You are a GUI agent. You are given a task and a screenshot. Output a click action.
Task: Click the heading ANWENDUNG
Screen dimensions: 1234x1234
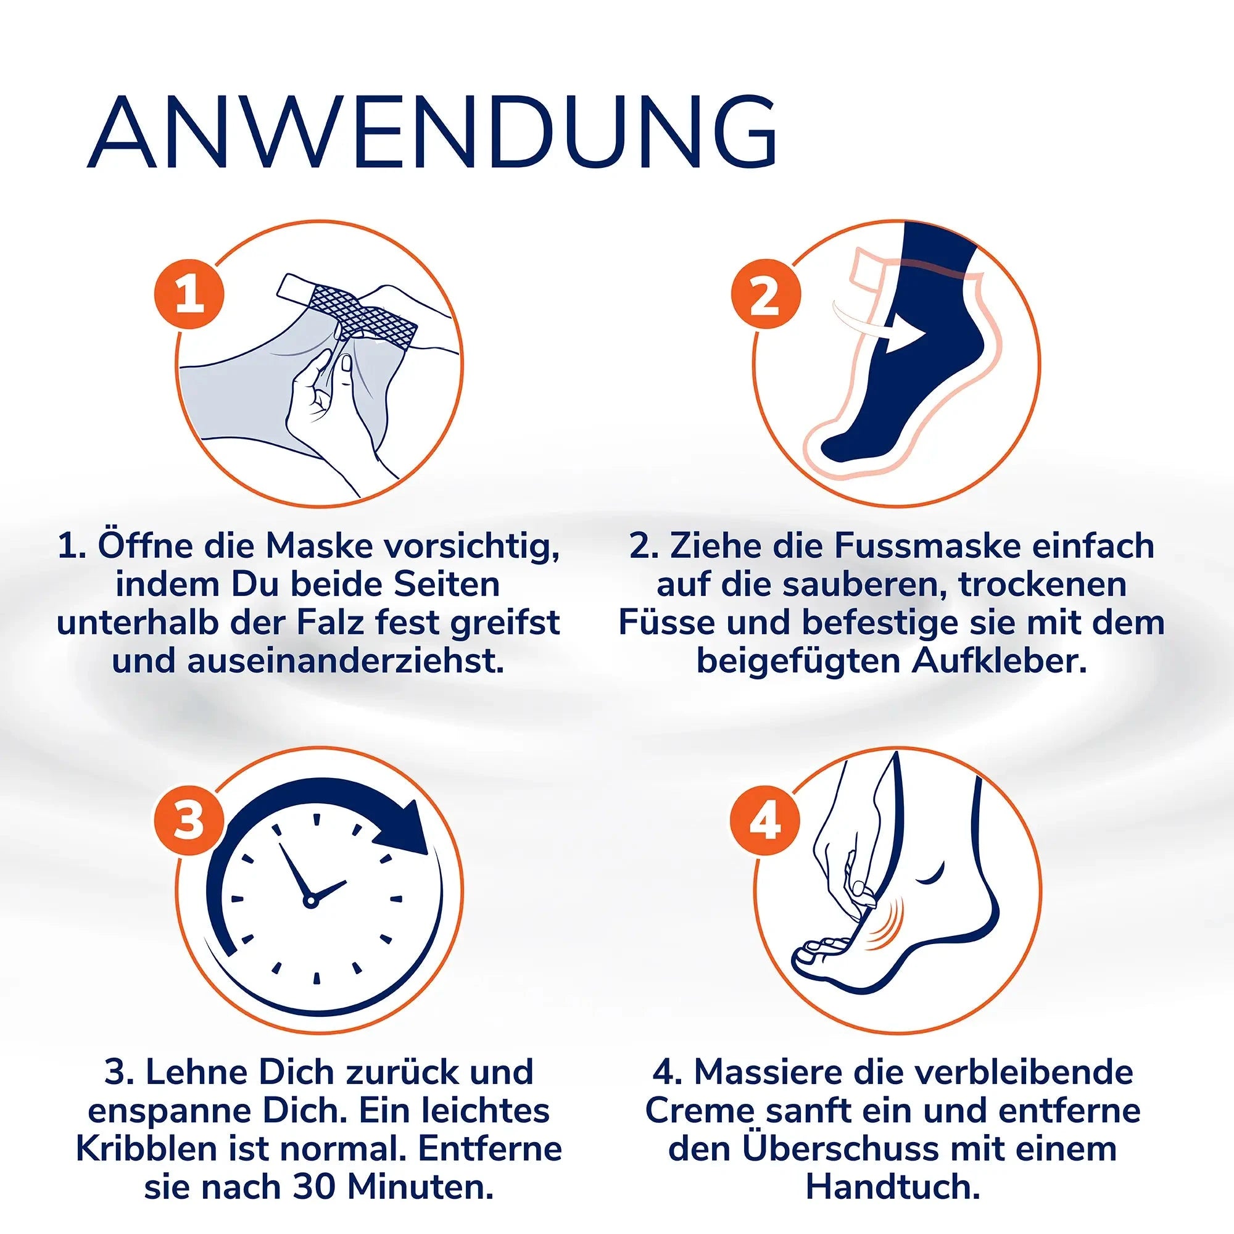(x=432, y=134)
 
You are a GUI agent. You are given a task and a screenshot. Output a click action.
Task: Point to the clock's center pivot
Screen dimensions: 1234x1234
(x=310, y=901)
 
